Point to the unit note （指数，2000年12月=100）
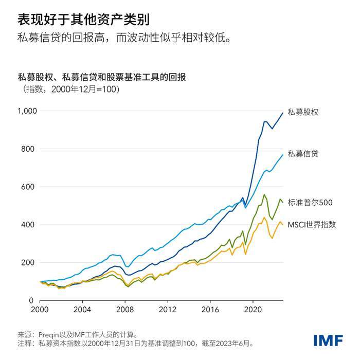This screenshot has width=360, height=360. click(68, 89)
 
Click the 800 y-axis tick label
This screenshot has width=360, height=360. click(30, 149)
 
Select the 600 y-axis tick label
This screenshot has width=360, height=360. click(30, 187)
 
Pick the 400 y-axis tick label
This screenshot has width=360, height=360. click(30, 225)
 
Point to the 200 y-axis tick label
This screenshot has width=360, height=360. click(30, 262)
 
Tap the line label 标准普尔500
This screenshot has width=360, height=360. click(310, 202)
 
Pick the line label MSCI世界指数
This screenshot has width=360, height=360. click(312, 224)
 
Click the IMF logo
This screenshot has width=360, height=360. click(327, 340)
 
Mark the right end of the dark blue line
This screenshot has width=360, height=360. click(283, 113)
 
